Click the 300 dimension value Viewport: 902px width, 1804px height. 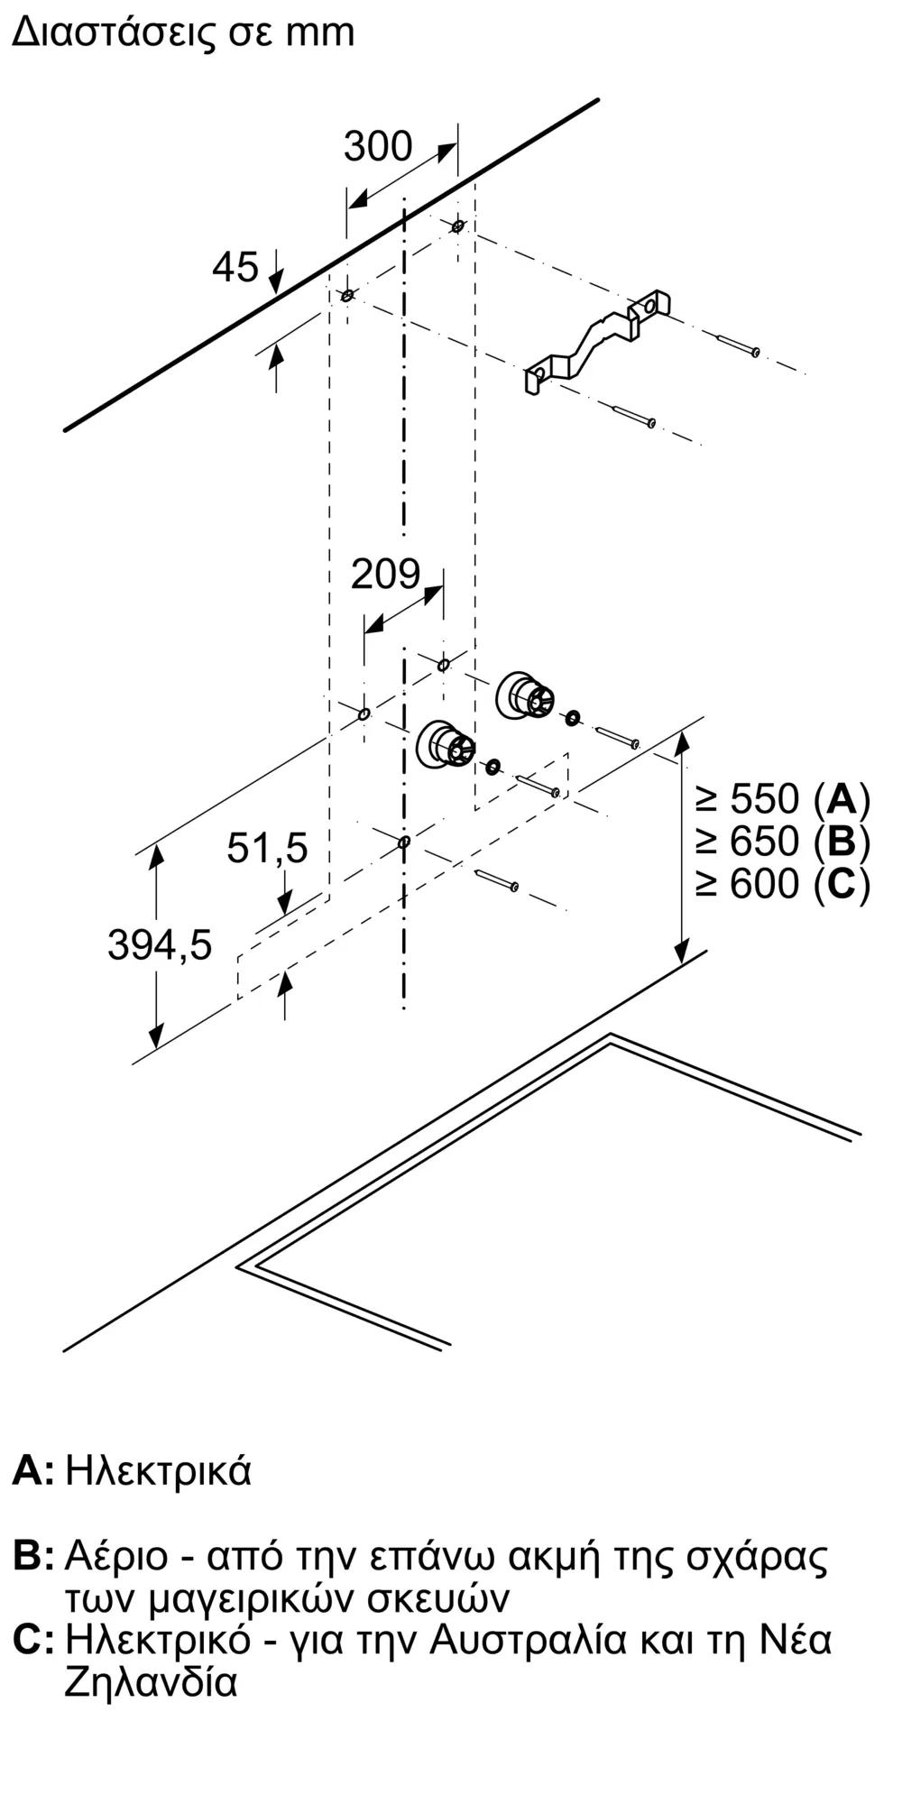click(378, 146)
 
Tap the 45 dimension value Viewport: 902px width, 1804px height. click(235, 267)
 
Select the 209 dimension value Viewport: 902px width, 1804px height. click(385, 575)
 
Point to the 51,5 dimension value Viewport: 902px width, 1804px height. click(267, 848)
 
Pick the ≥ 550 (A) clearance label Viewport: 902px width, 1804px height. click(782, 799)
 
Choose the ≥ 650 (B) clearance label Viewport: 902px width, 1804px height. click(782, 842)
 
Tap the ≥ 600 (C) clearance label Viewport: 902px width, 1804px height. click(782, 883)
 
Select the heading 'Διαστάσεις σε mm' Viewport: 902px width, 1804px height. click(183, 32)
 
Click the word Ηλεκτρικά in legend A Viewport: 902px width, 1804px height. click(159, 1471)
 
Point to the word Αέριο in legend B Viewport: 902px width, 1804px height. click(116, 1556)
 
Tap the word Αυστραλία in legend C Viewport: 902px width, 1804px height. click(528, 1639)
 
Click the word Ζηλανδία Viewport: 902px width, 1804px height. click(151, 1682)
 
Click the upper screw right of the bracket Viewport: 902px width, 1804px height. click(739, 345)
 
